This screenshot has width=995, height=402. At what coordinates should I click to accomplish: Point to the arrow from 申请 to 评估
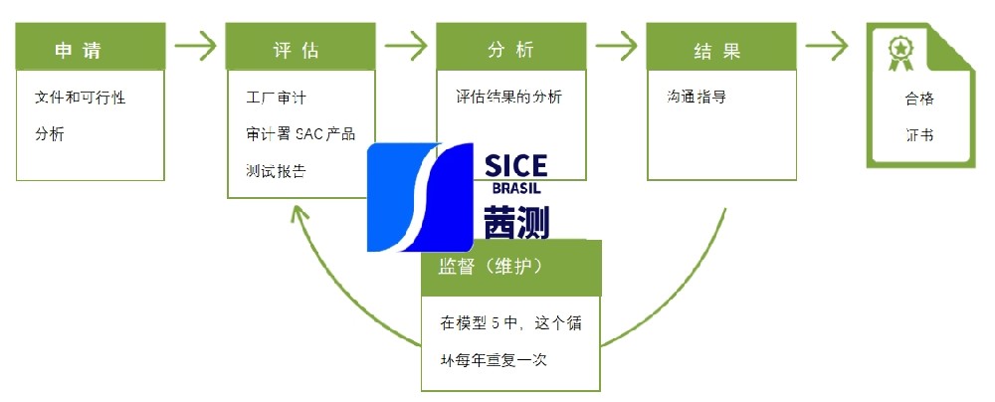pos(195,45)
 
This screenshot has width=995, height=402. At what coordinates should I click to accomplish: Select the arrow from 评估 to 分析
pos(405,45)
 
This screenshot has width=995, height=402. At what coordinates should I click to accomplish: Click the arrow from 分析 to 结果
pos(615,45)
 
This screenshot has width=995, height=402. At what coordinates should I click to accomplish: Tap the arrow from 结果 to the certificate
pos(826,45)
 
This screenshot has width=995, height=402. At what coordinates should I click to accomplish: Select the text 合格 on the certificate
pos(918,100)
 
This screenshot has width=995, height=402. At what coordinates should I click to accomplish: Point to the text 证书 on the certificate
pos(918,135)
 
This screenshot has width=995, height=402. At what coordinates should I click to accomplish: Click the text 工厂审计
pos(277,99)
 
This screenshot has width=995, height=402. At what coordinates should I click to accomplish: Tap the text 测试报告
pos(276,170)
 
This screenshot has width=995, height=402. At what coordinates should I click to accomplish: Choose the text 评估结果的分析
pos(508,98)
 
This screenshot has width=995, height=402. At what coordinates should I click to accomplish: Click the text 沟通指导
pos(696,98)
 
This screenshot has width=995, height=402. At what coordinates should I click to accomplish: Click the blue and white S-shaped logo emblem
pos(419,197)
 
